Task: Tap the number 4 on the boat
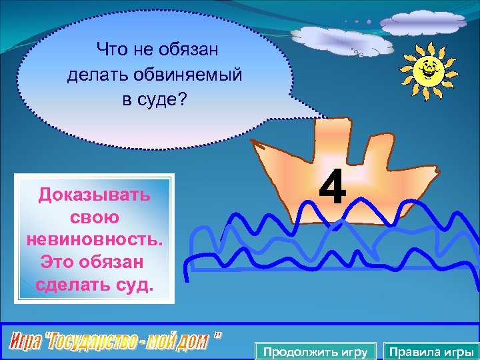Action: pyautogui.click(x=332, y=187)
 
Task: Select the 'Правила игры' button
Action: pyautogui.click(x=431, y=351)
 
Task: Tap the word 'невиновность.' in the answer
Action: pyautogui.click(x=94, y=240)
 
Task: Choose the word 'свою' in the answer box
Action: pyautogui.click(x=94, y=217)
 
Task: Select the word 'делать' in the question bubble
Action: pyautogui.click(x=95, y=75)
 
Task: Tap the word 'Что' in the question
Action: pyautogui.click(x=110, y=49)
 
